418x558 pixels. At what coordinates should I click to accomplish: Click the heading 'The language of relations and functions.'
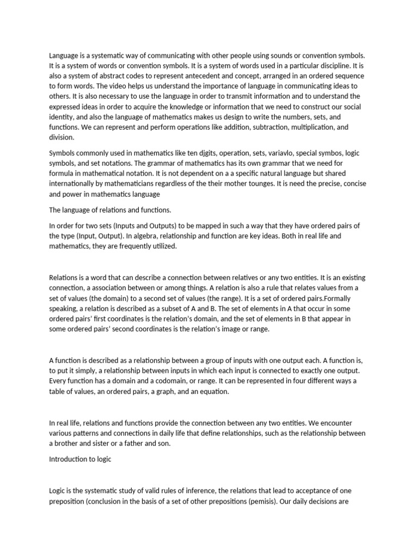109,209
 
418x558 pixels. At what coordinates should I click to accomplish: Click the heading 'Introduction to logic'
80,459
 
